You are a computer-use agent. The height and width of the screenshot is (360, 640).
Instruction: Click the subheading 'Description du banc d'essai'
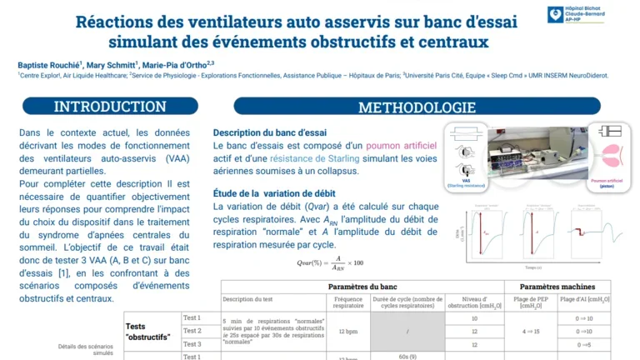pyautogui.click(x=270, y=132)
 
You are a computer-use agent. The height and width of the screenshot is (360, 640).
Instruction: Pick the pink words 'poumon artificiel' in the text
pyautogui.click(x=394, y=146)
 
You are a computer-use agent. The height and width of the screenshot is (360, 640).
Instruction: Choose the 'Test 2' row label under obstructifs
pyautogui.click(x=192, y=331)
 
